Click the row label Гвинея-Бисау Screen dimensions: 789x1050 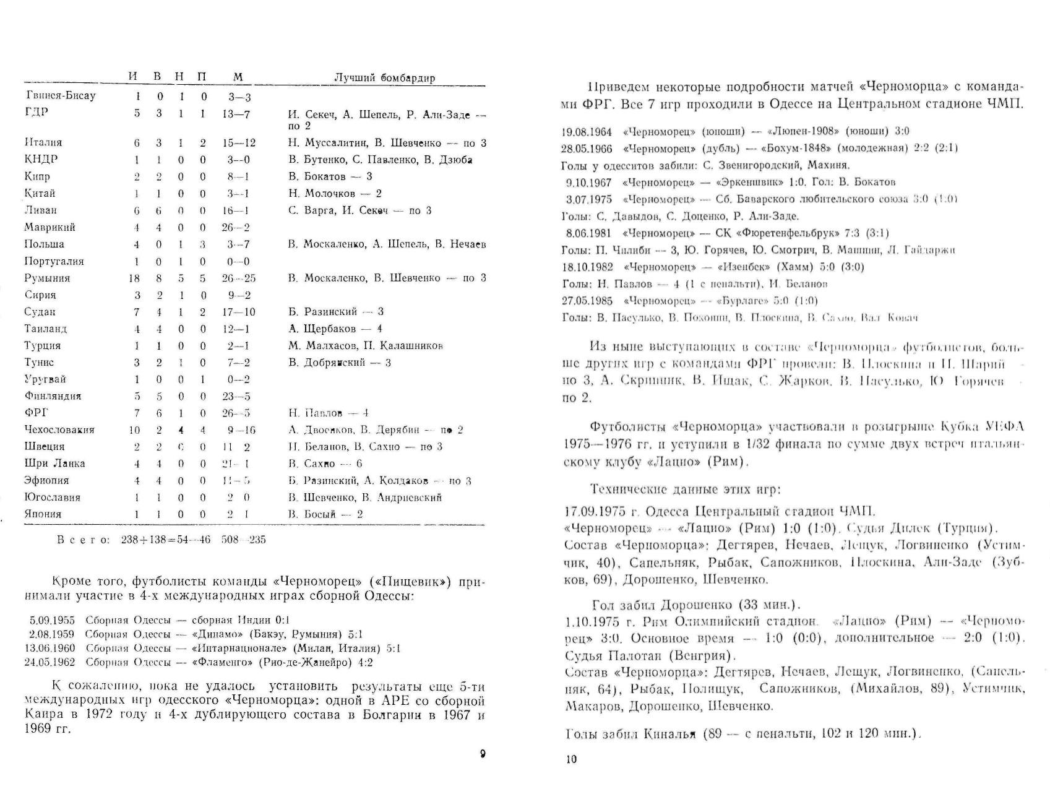[61, 96]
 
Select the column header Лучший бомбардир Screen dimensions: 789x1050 [384, 78]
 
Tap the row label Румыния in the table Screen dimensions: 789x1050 [47, 278]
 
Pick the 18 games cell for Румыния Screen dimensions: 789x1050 [135, 278]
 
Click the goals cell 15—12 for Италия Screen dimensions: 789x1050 [239, 143]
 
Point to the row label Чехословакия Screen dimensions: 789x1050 [59, 430]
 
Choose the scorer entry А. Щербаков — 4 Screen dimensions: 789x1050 [335, 329]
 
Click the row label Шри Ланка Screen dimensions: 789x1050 [54, 463]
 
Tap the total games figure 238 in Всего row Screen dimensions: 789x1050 [130, 540]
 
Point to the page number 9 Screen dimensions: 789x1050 [483, 754]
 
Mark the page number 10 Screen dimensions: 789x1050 [570, 759]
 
